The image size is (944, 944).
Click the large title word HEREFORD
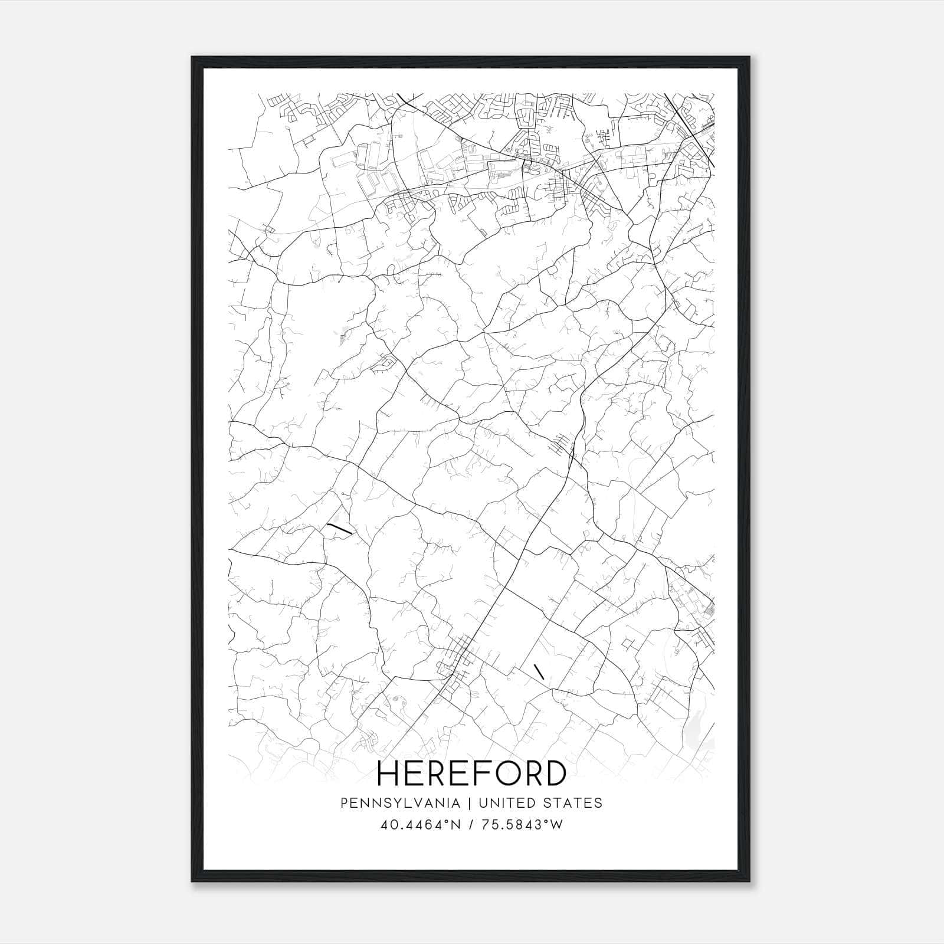471,773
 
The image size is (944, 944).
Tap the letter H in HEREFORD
389,773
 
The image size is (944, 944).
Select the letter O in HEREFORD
504,773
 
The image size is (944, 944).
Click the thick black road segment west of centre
339,529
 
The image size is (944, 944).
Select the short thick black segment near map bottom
538,671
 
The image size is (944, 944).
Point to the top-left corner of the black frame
192,58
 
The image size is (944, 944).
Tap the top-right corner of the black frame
751,58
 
